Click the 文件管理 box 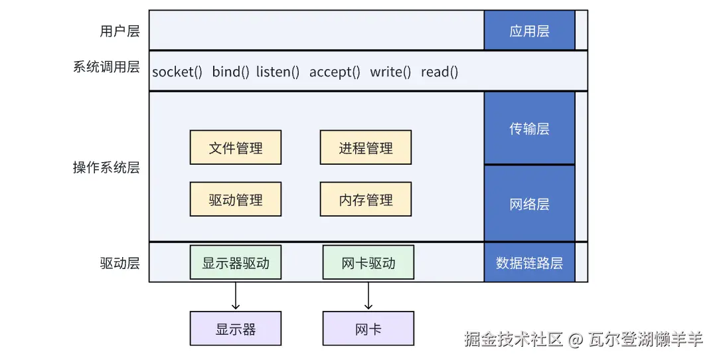(x=235, y=147)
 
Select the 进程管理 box (x=365, y=147)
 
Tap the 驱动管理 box (x=235, y=199)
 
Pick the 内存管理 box (x=365, y=199)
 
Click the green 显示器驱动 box (x=235, y=263)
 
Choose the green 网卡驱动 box (x=368, y=263)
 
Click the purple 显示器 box (x=235, y=329)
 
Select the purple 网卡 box (x=368, y=329)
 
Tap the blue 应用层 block (x=529, y=31)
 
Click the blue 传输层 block (x=529, y=128)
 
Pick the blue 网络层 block (x=529, y=203)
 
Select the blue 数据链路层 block (x=529, y=262)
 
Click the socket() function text (x=177, y=72)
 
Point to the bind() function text (x=230, y=72)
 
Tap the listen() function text (x=278, y=72)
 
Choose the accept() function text (x=335, y=72)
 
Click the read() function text (x=439, y=72)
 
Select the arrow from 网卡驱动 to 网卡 (x=368, y=296)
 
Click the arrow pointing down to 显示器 (x=235, y=296)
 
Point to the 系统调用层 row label (x=106, y=67)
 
